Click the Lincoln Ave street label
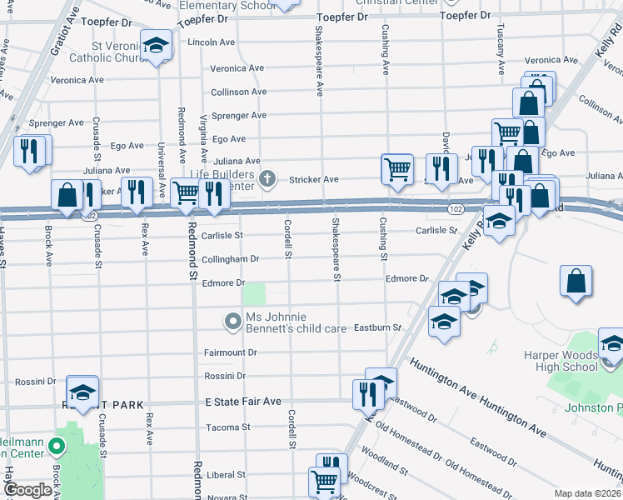point(210,42)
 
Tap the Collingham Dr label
point(231,259)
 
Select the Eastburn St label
point(378,328)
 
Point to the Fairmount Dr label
point(231,352)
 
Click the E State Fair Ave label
point(243,402)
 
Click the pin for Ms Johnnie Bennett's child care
point(233,320)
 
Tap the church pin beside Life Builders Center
point(267,177)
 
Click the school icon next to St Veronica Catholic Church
point(155,47)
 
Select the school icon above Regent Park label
point(82,392)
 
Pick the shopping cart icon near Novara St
point(323,481)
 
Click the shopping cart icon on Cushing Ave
point(397,168)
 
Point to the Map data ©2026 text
point(588,493)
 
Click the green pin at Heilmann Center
point(57,447)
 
